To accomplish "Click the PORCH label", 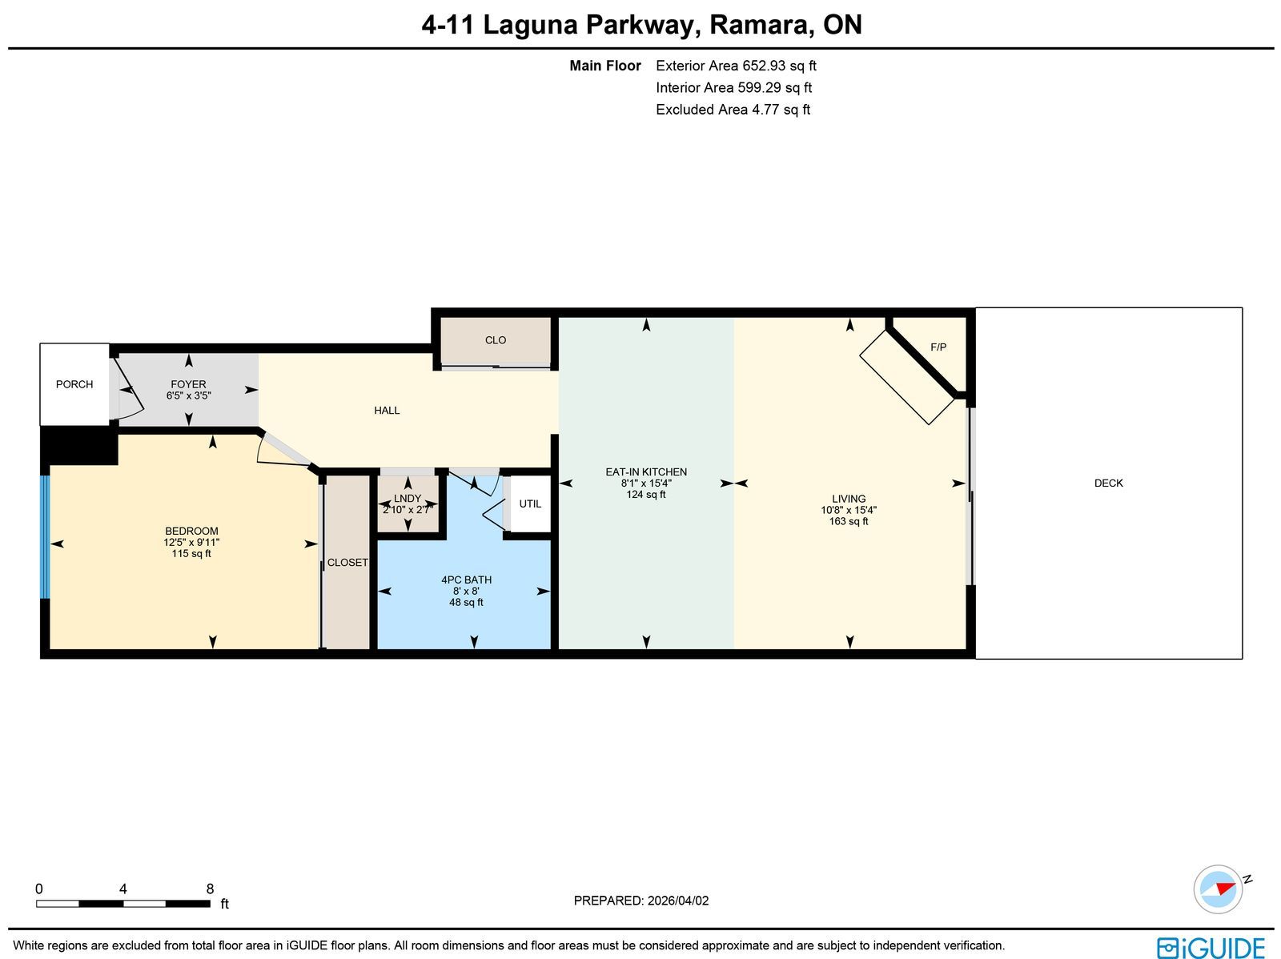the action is [74, 384].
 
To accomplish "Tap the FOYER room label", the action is [188, 384].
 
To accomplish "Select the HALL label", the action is [387, 411].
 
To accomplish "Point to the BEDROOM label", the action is [191, 531].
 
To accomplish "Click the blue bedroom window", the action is [44, 537].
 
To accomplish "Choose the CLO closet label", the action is [496, 340].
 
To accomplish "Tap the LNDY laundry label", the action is [408, 498].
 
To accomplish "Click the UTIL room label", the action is [530, 504].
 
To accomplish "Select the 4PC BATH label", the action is [466, 580].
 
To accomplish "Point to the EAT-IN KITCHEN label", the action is [646, 472].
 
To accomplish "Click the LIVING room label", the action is [849, 499].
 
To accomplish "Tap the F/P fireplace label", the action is [938, 347].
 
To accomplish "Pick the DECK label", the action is [1108, 483].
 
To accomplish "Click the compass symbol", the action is [1219, 889].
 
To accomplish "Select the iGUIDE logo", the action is [1211, 947].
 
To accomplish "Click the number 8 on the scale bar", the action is [210, 889].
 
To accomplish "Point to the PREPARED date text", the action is [640, 900].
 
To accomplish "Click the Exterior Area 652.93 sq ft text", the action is [736, 66].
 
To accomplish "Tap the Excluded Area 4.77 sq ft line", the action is [733, 110].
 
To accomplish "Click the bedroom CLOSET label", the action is [347, 562].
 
